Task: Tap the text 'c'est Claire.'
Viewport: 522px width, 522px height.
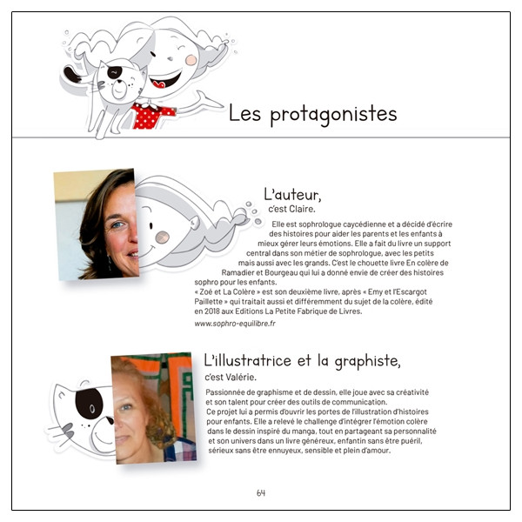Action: (x=294, y=210)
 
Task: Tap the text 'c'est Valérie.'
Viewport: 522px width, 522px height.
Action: (x=229, y=376)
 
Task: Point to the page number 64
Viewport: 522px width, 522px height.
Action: (x=261, y=492)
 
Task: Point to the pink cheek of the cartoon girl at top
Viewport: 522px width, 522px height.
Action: (x=191, y=59)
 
